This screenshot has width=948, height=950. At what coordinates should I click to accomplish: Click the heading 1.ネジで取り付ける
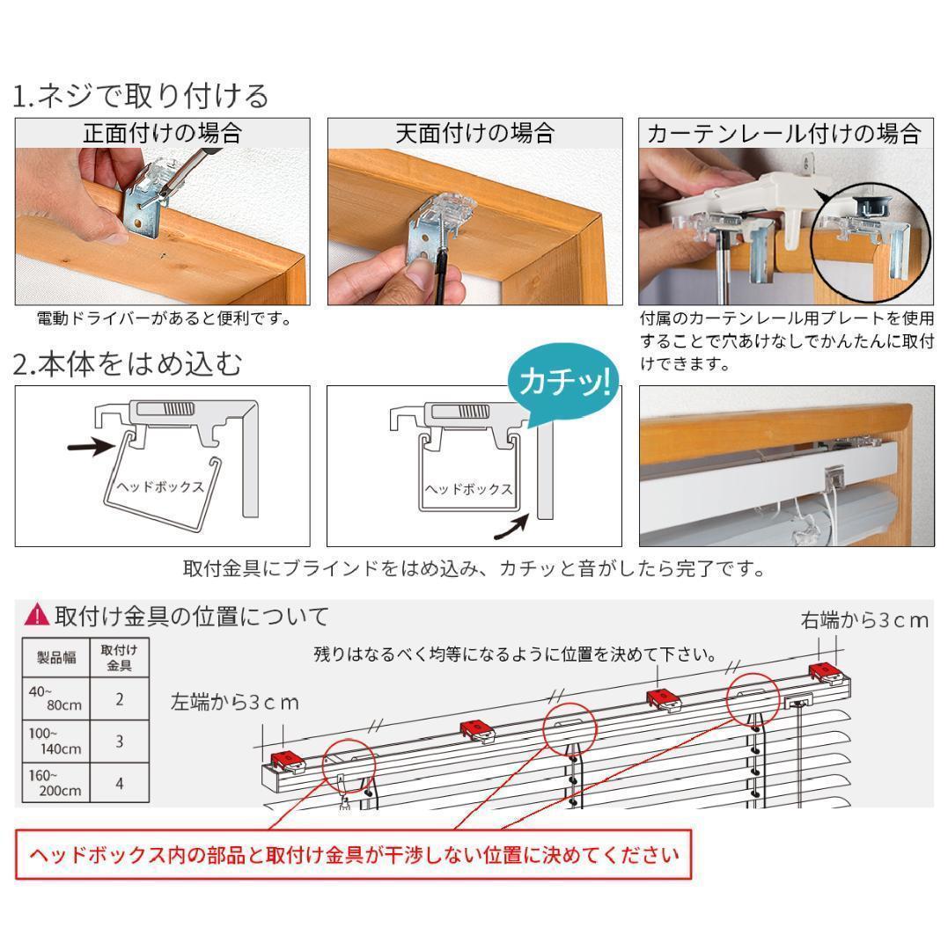[141, 95]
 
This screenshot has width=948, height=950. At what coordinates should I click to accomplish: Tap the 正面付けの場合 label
[162, 133]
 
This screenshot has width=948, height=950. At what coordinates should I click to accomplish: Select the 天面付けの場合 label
[474, 133]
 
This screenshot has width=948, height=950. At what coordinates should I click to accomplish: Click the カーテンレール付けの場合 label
[783, 134]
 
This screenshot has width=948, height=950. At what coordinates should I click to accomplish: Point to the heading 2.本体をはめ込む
[128, 363]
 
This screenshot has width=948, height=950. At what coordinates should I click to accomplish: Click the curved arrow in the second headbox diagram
[513, 527]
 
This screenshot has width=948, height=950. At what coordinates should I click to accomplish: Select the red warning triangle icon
[37, 616]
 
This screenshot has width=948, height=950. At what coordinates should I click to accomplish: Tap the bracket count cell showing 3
[120, 741]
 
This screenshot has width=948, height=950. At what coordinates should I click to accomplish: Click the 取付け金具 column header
[120, 657]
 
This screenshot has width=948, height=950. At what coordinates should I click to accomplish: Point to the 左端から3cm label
[235, 702]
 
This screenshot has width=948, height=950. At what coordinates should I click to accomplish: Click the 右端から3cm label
[864, 620]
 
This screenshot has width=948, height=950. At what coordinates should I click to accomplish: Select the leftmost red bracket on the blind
[285, 758]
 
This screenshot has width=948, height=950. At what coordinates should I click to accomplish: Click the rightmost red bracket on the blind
[827, 672]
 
